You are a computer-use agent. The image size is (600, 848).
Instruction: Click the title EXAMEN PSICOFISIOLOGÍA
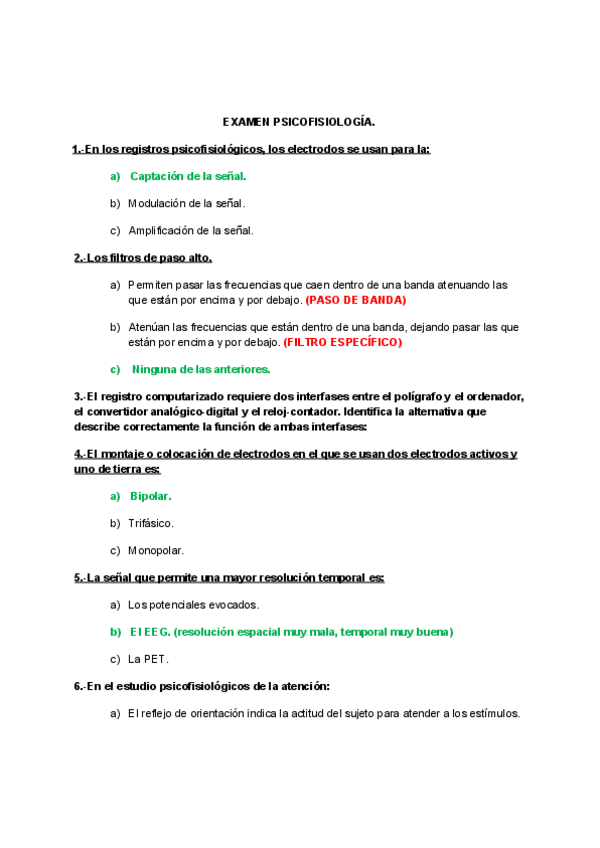[x=299, y=122]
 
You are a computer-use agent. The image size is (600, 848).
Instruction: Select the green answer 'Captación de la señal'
[x=188, y=176]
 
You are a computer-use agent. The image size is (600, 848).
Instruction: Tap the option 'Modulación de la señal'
[x=186, y=203]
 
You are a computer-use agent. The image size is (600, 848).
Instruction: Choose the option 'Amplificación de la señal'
[x=190, y=230]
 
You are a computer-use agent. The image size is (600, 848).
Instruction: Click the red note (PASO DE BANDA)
[x=356, y=299]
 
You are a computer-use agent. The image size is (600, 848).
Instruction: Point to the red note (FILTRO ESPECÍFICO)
[x=342, y=342]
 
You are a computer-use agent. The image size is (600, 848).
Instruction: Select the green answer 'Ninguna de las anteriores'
[x=201, y=369]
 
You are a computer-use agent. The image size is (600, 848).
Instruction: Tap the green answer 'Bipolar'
[x=151, y=496]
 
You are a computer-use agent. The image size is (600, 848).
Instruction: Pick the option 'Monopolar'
[x=155, y=550]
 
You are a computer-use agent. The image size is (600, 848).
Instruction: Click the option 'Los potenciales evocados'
[x=193, y=604]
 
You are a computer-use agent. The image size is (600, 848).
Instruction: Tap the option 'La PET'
[x=148, y=659]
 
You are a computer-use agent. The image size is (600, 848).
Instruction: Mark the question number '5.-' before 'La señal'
[x=80, y=577]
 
